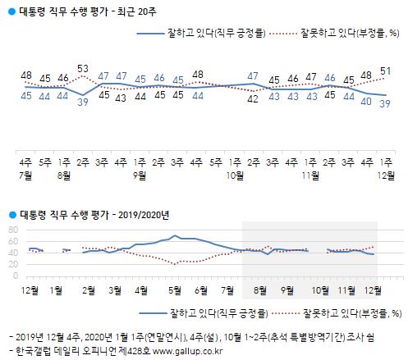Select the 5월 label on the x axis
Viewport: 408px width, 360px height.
[x=173, y=289]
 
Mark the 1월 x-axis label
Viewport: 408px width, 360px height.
[x=57, y=289]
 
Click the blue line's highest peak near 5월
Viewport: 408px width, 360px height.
[x=175, y=235]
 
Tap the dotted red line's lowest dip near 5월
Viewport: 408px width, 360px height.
[x=174, y=263]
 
